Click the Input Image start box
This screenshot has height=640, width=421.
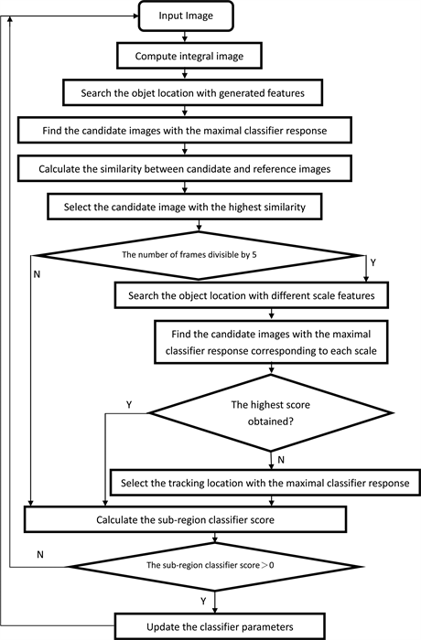tap(186, 16)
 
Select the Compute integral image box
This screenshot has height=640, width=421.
tap(186, 54)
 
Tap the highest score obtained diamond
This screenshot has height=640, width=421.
tap(271, 415)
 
